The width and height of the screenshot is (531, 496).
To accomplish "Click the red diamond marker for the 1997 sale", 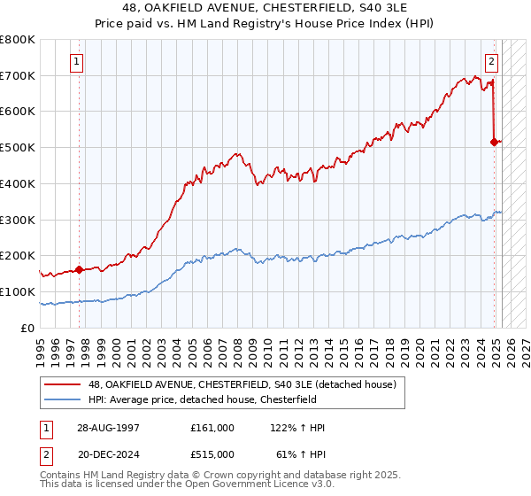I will tap(79, 269).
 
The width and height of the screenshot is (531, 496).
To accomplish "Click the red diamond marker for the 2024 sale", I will tap(494, 141).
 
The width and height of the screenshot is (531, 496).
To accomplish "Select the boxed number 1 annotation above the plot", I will tap(78, 62).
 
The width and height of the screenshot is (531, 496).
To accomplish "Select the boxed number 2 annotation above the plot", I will tap(491, 62).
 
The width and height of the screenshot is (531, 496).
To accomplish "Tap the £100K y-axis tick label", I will tap(18, 291).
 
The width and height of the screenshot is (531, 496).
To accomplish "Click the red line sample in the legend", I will tap(63, 384).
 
